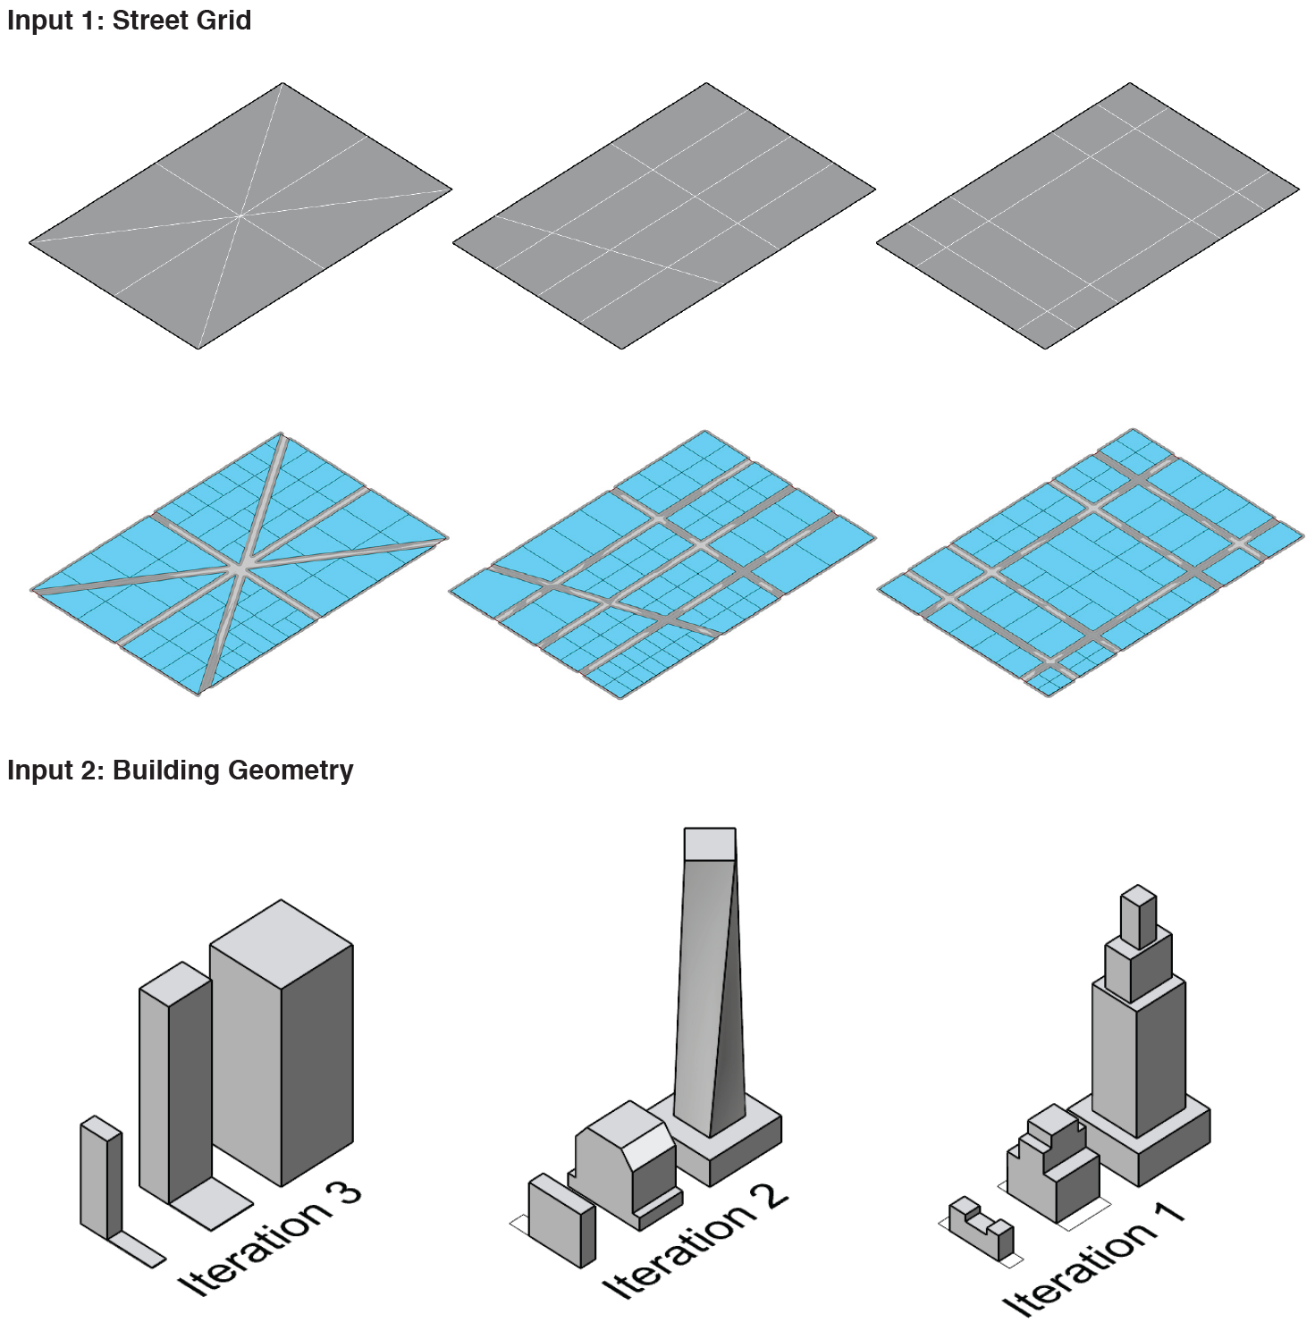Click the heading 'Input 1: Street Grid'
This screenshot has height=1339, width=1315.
pyautogui.click(x=129, y=21)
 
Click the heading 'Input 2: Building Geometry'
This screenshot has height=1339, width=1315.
pyautogui.click(x=180, y=770)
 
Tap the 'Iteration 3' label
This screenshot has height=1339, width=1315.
pyautogui.click(x=270, y=1239)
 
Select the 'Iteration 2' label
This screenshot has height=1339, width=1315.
pyautogui.click(x=695, y=1241)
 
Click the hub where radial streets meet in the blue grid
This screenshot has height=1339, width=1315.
pyautogui.click(x=240, y=567)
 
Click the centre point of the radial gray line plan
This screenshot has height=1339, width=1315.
pyautogui.click(x=240, y=215)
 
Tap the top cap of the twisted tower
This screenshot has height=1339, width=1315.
pyautogui.click(x=710, y=844)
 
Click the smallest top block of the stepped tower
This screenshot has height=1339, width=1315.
pyautogui.click(x=1139, y=915)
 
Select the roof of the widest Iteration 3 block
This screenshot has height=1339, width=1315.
pyautogui.click(x=282, y=944)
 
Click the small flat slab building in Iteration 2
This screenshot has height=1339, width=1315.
pyautogui.click(x=561, y=1220)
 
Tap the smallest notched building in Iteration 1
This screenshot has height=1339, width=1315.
pyautogui.click(x=982, y=1228)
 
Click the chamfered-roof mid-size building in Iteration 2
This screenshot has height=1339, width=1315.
pyautogui.click(x=626, y=1163)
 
